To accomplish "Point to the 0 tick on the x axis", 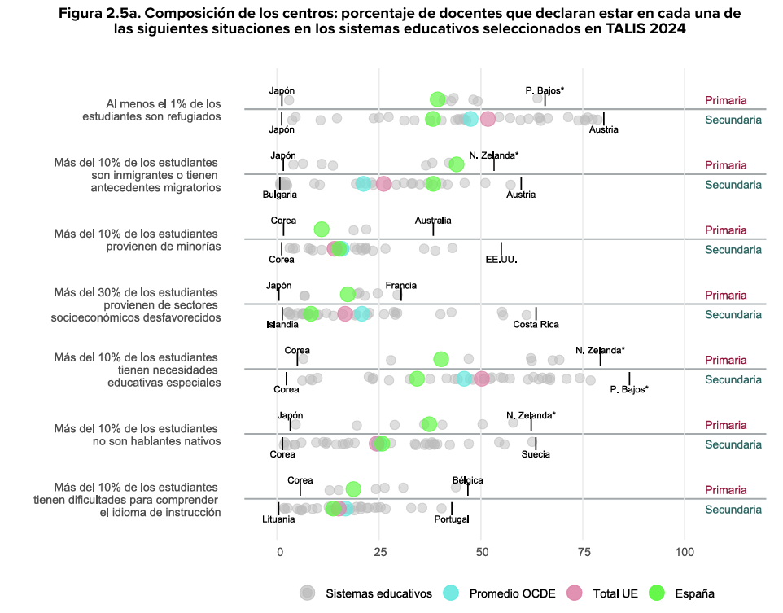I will [279, 552].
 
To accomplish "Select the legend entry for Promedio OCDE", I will [512, 593].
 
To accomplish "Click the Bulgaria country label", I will [279, 195].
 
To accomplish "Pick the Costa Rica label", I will [536, 325].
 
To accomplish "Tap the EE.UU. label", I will [501, 260].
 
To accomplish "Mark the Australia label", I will [433, 221].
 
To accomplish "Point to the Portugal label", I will [452, 519].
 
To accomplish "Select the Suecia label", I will [536, 454].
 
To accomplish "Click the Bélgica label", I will [467, 480].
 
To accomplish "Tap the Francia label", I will [401, 286].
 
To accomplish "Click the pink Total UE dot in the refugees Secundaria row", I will [488, 119].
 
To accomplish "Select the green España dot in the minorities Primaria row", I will [322, 230].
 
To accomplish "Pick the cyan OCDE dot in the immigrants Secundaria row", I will [364, 184].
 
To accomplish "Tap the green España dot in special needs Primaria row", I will [441, 359].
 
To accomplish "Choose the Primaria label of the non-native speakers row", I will [725, 425].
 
